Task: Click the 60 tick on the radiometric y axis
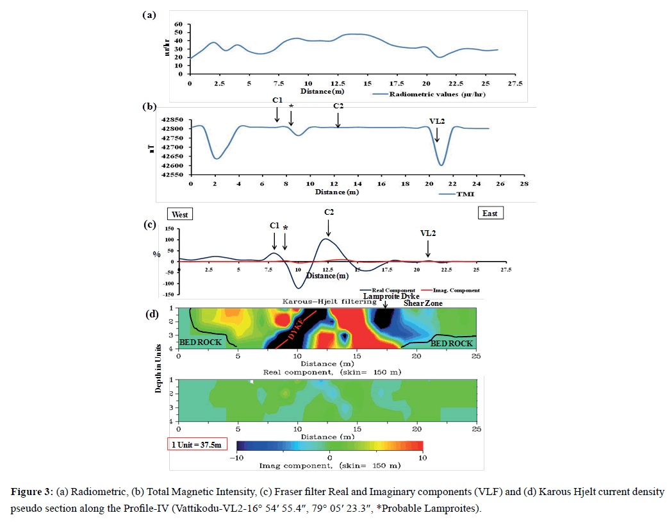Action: [x=179, y=24]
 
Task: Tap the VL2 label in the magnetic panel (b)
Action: [x=437, y=121]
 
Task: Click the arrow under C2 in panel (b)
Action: [x=338, y=121]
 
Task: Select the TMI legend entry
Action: [x=466, y=192]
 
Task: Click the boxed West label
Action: [x=180, y=214]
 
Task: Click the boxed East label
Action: [x=491, y=213]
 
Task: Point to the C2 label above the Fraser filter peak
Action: [x=329, y=212]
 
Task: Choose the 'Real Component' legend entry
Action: [x=383, y=290]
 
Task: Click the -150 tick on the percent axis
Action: [x=169, y=295]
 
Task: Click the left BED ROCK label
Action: [x=200, y=342]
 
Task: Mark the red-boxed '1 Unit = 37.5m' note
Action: [x=196, y=444]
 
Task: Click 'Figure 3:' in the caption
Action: [x=31, y=493]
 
